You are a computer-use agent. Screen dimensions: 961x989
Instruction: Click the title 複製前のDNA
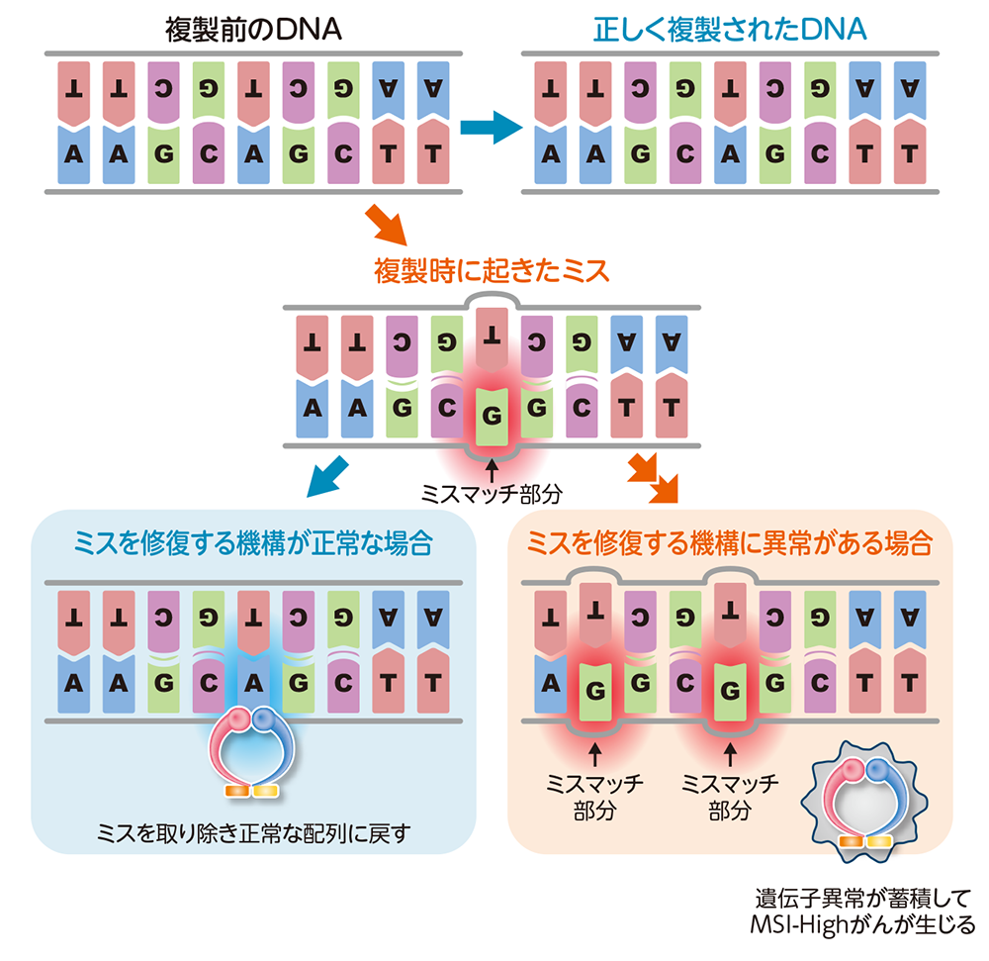253,29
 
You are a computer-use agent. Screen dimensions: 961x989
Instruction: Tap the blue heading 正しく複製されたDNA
730,29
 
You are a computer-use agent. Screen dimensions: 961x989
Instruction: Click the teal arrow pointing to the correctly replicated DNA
492,127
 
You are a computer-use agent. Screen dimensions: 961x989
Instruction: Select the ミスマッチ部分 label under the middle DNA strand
492,491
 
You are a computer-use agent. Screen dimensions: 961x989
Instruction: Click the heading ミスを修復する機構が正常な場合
253,543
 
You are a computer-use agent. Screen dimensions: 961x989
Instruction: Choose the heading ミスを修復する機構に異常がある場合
730,543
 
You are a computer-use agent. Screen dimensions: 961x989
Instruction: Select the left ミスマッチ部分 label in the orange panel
594,798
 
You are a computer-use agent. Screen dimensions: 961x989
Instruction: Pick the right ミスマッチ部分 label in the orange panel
730,798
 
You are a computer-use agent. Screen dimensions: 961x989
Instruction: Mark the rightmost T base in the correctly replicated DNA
909,155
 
